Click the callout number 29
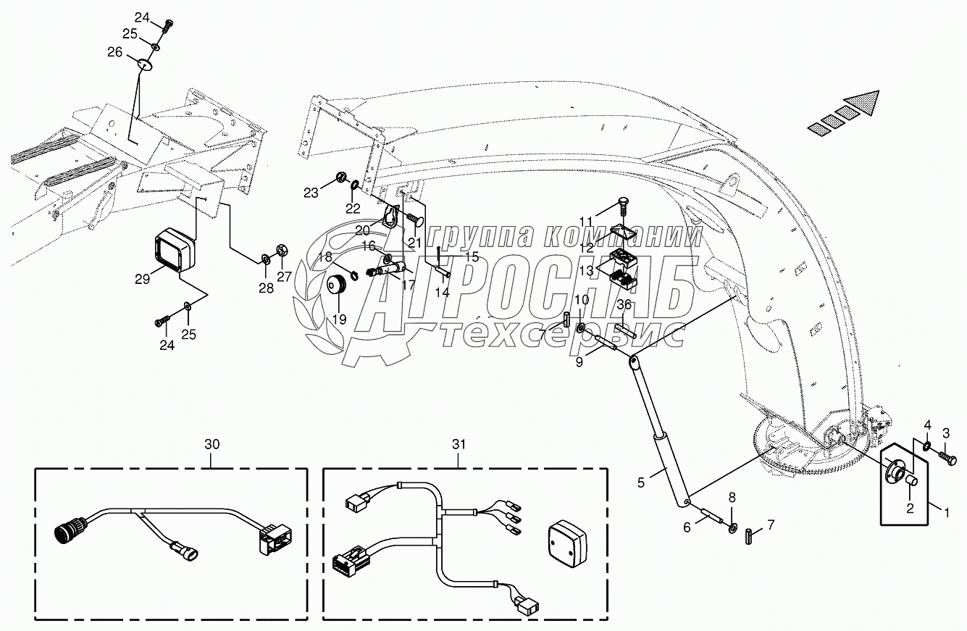[143, 279]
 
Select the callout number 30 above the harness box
[211, 446]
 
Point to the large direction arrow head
[866, 103]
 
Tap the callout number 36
[624, 305]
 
